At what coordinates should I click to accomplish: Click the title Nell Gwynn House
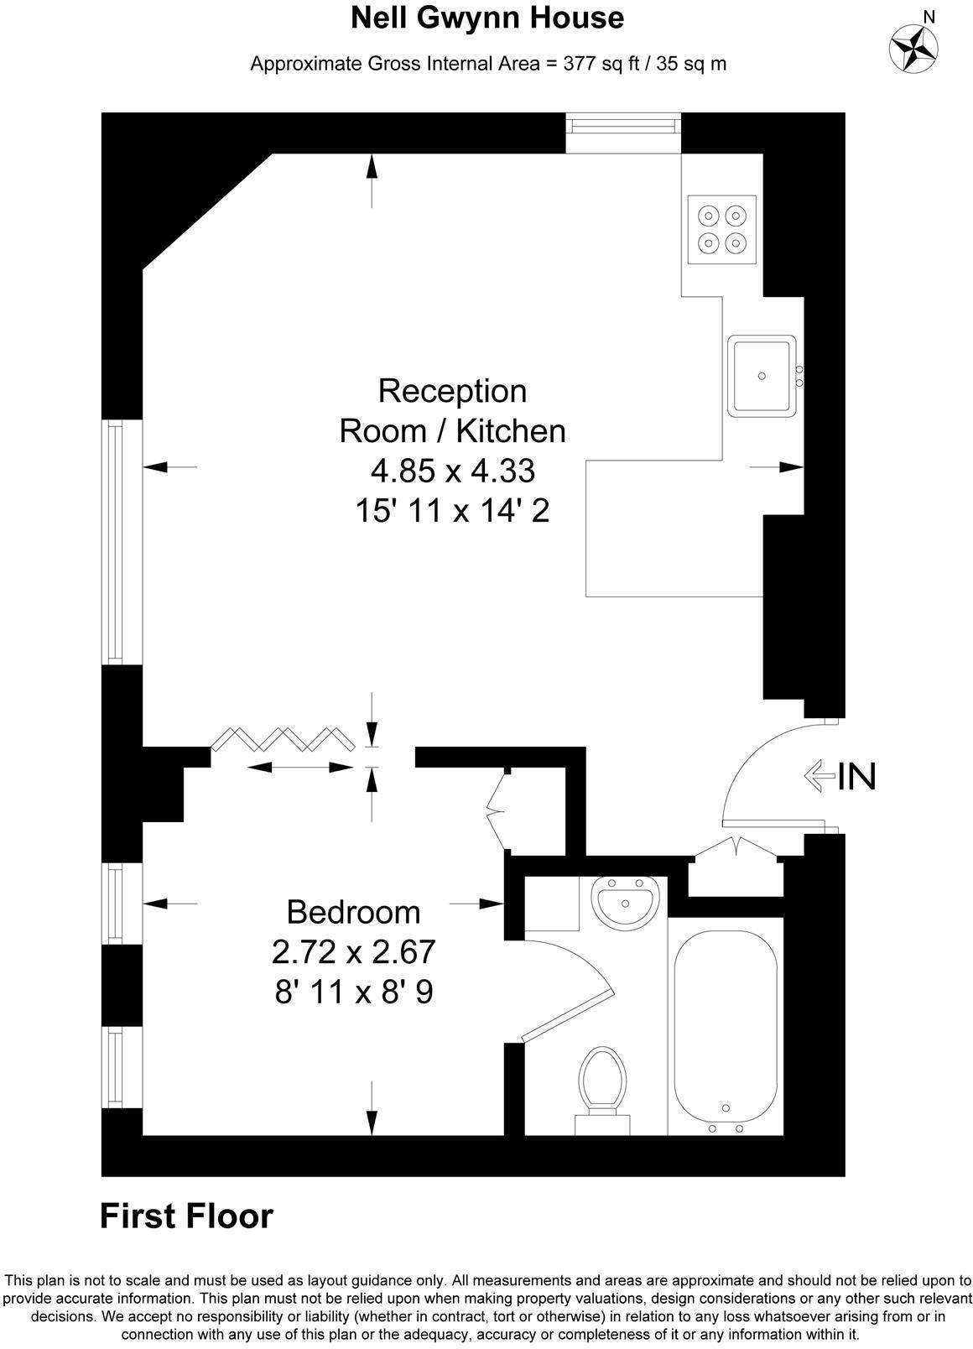click(x=486, y=18)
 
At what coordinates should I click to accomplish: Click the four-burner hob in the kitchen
click(x=722, y=229)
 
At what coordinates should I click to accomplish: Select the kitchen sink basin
click(x=762, y=375)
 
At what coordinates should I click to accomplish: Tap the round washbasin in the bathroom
click(x=625, y=902)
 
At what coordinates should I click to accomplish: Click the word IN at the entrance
click(x=857, y=777)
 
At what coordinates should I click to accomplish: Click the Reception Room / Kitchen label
click(x=452, y=411)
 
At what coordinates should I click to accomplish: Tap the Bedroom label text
click(x=353, y=912)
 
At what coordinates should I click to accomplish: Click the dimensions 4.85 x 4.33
click(x=452, y=471)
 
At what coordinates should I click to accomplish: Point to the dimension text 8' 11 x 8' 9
click(x=353, y=992)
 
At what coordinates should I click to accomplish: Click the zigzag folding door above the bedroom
click(x=282, y=738)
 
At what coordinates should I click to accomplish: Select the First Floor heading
click(x=186, y=1216)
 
